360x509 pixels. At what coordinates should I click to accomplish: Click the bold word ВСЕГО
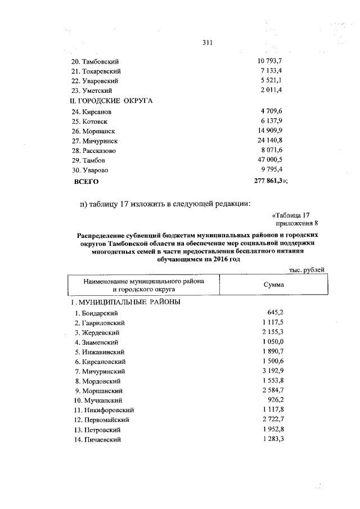87,181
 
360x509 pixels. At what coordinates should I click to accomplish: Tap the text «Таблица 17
291,215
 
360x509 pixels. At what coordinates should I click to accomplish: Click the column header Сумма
273,285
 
